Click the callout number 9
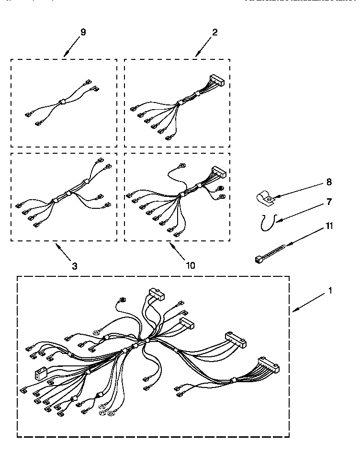tap(83, 32)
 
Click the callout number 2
tap(215, 32)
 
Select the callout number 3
tap(75, 266)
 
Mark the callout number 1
tap(330, 290)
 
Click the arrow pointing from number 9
tap(72, 48)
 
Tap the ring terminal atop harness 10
tap(182, 166)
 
